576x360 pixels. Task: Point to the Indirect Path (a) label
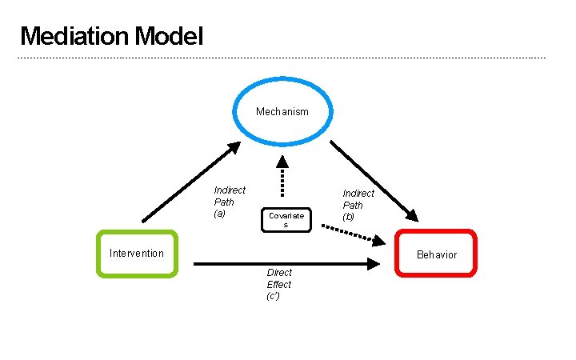point(229,202)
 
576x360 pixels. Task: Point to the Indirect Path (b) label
point(358,205)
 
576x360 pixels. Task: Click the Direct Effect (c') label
point(278,284)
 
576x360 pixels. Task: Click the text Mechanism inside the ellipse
point(282,112)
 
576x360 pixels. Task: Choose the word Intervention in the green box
point(136,254)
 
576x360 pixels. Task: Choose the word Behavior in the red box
point(437,254)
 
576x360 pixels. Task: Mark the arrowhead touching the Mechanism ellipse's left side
point(234,147)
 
